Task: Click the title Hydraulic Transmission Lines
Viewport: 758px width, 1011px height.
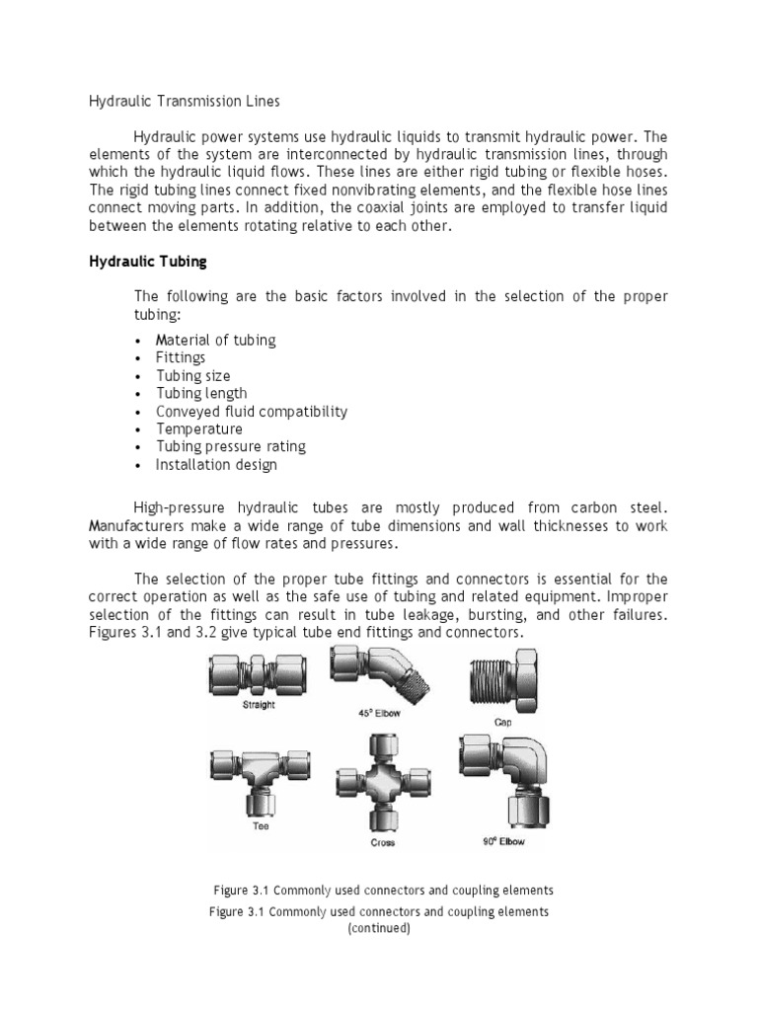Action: pyautogui.click(x=185, y=101)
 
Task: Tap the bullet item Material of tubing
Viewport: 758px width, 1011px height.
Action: pyautogui.click(x=215, y=340)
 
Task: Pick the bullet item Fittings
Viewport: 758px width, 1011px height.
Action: pyautogui.click(x=181, y=357)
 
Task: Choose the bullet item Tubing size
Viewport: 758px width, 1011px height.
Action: pyautogui.click(x=192, y=375)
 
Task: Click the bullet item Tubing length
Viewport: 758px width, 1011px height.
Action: pyautogui.click(x=201, y=393)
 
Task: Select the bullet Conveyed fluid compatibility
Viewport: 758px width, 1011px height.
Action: pyautogui.click(x=252, y=411)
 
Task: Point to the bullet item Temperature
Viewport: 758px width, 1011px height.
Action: pyautogui.click(x=199, y=428)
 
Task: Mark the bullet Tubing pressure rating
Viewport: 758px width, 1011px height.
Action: pyautogui.click(x=231, y=446)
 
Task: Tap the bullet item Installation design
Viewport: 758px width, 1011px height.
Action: pyautogui.click(x=216, y=464)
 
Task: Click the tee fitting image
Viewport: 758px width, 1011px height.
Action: pyautogui.click(x=259, y=776)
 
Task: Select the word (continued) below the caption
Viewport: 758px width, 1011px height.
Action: pyautogui.click(x=378, y=929)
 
